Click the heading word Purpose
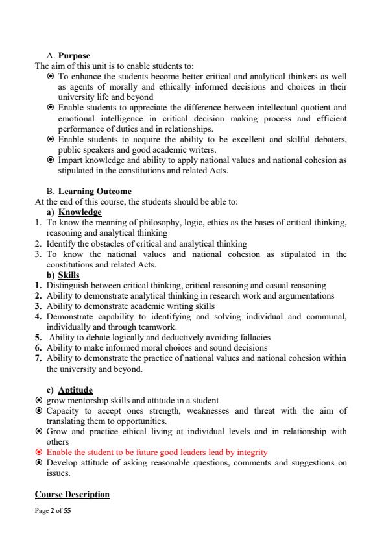(74, 56)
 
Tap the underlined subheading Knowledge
(80, 212)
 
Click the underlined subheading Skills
(69, 275)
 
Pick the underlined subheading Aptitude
(75, 390)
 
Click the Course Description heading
(72, 495)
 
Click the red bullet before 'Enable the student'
(39, 453)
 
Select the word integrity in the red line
(250, 452)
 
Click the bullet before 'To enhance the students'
(51, 77)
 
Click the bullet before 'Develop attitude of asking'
(39, 463)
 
